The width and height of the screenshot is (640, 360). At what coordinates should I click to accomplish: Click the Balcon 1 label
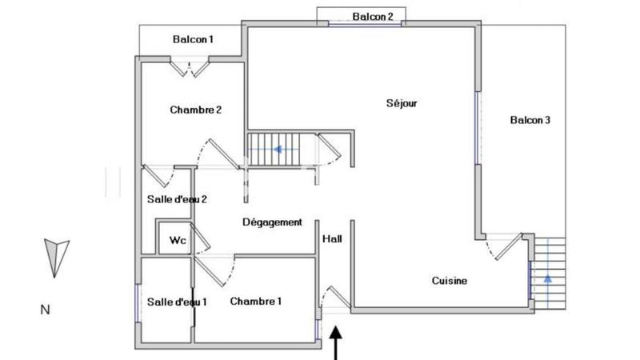click(x=193, y=39)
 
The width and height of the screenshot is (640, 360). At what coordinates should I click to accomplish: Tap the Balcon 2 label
click(x=373, y=16)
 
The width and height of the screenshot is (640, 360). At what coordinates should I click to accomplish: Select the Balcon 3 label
click(x=530, y=120)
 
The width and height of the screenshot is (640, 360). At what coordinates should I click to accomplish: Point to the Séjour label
click(x=402, y=102)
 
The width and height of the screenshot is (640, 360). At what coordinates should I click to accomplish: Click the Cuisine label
click(x=450, y=281)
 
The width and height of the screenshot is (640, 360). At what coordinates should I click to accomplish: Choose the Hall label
click(x=332, y=238)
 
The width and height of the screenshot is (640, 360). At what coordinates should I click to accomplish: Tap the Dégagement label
click(x=272, y=222)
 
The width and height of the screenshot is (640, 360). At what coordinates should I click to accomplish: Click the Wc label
click(x=176, y=239)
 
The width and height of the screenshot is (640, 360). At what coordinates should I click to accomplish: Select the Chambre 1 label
click(x=255, y=301)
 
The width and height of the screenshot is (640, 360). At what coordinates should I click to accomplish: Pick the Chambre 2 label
click(x=195, y=110)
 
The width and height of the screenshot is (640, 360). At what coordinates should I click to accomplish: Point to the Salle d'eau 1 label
click(x=177, y=302)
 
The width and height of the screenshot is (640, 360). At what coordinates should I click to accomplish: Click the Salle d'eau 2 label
click(x=177, y=199)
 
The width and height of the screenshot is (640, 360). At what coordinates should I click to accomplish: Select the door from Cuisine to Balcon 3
click(x=506, y=246)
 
